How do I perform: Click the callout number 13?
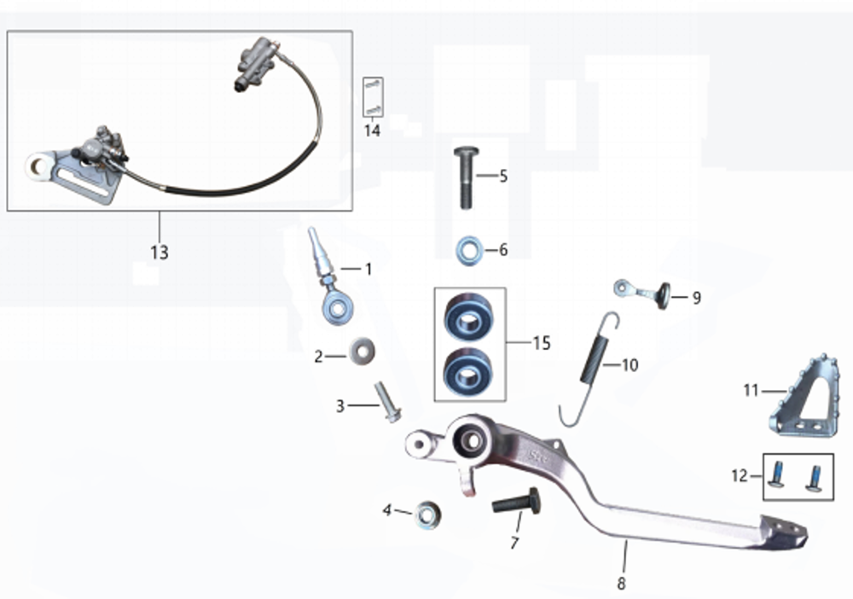pyautogui.click(x=160, y=253)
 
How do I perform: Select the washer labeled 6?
pyautogui.click(x=468, y=251)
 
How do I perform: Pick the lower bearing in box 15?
pyautogui.click(x=468, y=370)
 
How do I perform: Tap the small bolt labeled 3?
pyautogui.click(x=388, y=402)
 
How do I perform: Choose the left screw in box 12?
pyautogui.click(x=776, y=474)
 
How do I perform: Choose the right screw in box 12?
pyautogui.click(x=814, y=478)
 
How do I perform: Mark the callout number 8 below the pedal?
pyautogui.click(x=621, y=584)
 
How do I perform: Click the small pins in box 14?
pyautogui.click(x=374, y=96)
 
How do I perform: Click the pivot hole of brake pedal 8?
pyautogui.click(x=468, y=441)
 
